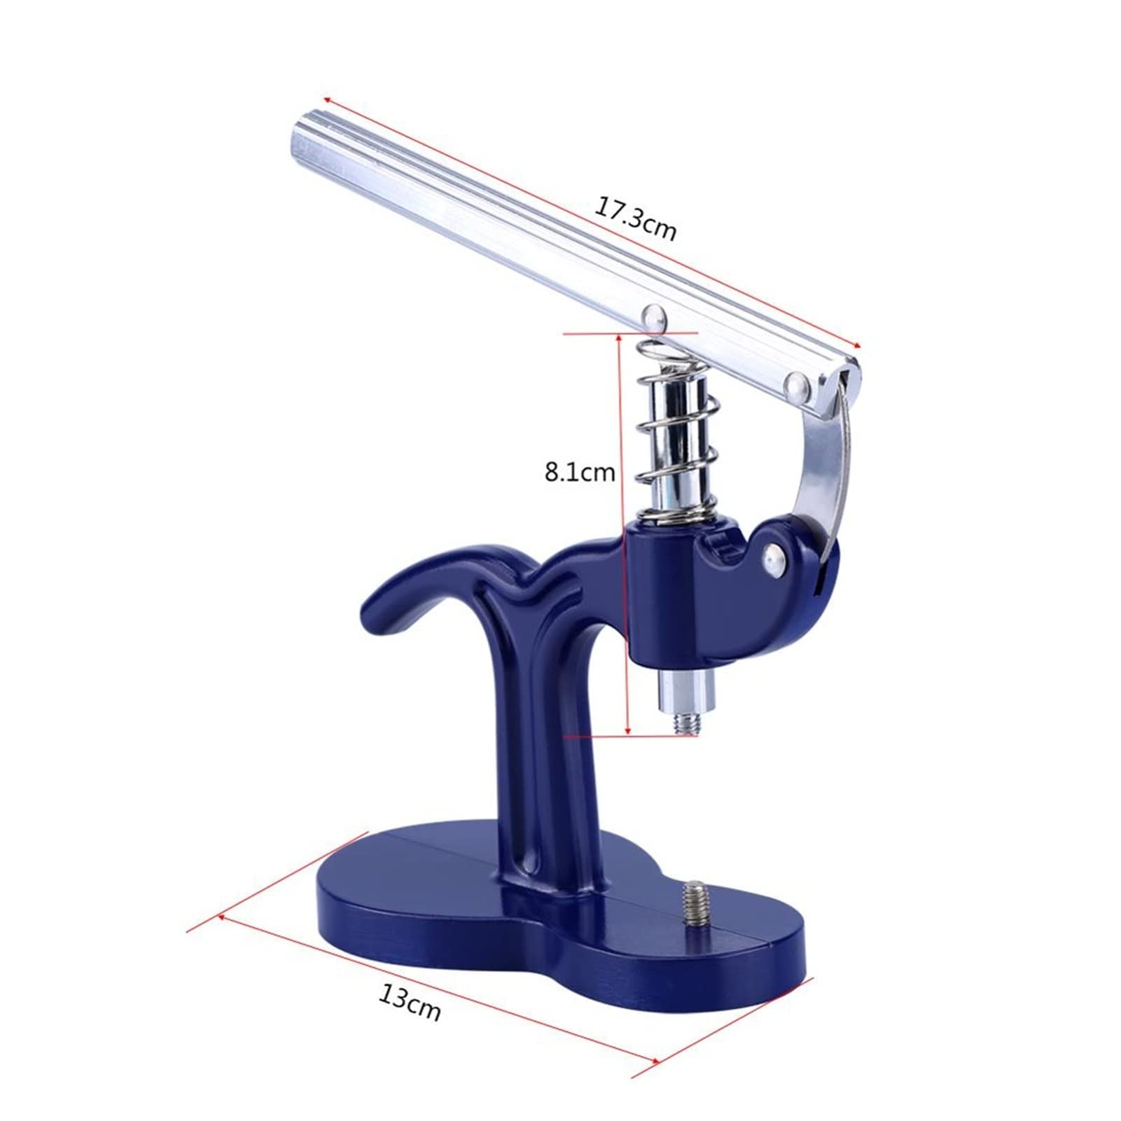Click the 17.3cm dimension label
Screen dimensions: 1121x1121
point(636,219)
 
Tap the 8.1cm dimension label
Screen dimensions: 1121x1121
point(580,473)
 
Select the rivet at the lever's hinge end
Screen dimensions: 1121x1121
point(798,383)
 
